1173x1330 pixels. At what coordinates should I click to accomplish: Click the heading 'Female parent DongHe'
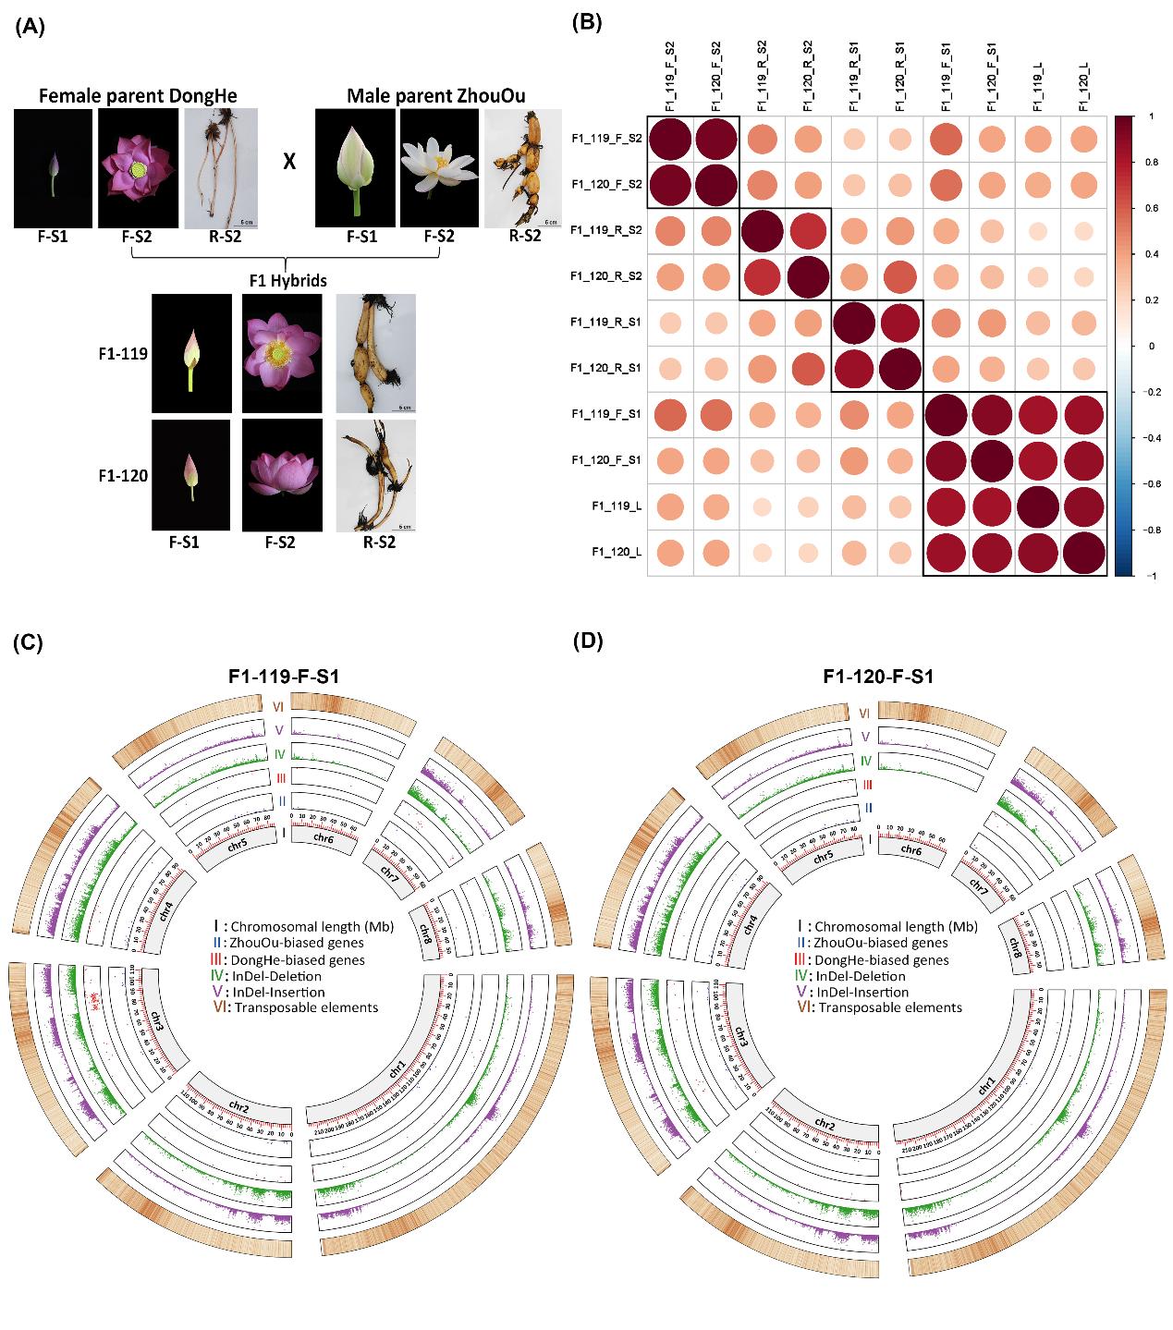click(x=126, y=96)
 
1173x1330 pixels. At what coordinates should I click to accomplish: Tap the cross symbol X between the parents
click(x=289, y=162)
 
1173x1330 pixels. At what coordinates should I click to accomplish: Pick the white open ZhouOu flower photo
click(x=438, y=168)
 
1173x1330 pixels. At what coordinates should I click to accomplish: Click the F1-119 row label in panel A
click(x=124, y=353)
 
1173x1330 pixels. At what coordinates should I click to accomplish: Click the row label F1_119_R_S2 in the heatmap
click(x=607, y=231)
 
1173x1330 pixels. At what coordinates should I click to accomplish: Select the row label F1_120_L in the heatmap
click(x=617, y=553)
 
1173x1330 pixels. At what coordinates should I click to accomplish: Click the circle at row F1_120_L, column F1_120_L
click(x=1083, y=553)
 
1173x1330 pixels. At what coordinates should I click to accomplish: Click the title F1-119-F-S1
click(x=284, y=677)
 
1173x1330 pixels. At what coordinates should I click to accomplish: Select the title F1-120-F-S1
click(x=877, y=677)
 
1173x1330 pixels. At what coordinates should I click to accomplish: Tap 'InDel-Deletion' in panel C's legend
click(x=277, y=976)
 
